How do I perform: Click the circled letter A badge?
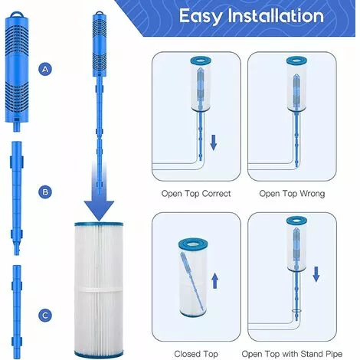(x=45, y=69)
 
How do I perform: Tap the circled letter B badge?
(x=45, y=192)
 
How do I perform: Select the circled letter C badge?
(x=45, y=316)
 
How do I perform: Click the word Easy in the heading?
(x=201, y=16)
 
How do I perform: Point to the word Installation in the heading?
(x=276, y=15)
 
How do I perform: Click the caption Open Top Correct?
(x=196, y=194)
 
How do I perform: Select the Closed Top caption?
(x=196, y=354)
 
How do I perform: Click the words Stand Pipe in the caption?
(x=321, y=354)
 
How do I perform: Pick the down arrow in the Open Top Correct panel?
(x=214, y=142)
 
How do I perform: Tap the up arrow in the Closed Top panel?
(x=215, y=280)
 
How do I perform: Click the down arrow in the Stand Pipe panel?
(x=316, y=274)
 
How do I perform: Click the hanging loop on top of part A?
(x=18, y=13)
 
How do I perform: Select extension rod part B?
(x=17, y=198)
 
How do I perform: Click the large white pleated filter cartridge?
(x=99, y=290)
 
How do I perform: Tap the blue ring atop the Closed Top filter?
(x=193, y=244)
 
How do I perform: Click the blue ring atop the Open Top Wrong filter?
(x=296, y=61)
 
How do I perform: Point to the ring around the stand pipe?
(x=296, y=311)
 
